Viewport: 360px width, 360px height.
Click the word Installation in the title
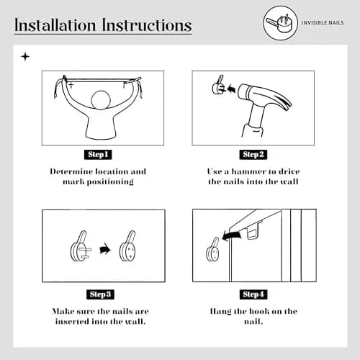coord(55,25)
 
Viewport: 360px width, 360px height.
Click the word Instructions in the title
coord(147,25)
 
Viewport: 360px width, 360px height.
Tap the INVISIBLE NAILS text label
coord(323,23)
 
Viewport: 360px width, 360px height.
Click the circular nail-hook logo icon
coord(280,23)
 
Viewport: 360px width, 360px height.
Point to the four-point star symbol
coord(25,57)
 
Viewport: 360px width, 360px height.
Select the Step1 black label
coord(98,155)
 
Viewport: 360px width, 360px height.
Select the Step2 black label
coord(253,155)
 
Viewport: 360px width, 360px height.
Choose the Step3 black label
coord(100,294)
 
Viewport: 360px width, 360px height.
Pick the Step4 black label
coord(253,294)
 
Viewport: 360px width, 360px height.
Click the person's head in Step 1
coord(101,100)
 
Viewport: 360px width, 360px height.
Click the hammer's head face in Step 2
coord(242,91)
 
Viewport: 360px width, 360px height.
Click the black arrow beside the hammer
coord(231,89)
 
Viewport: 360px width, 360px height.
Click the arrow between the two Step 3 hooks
coord(105,249)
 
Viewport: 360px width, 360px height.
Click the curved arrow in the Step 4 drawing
coord(232,235)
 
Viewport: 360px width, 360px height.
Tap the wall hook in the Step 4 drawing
coord(212,250)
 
